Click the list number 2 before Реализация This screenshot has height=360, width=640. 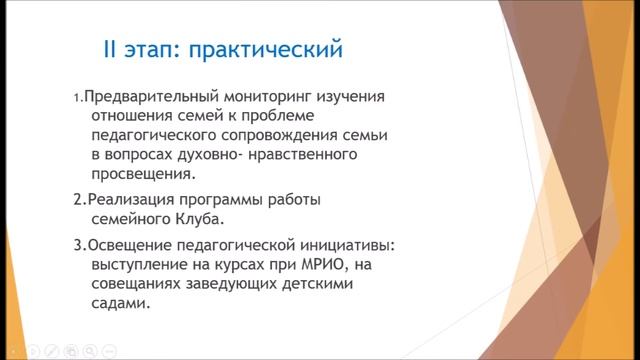(x=77, y=200)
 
